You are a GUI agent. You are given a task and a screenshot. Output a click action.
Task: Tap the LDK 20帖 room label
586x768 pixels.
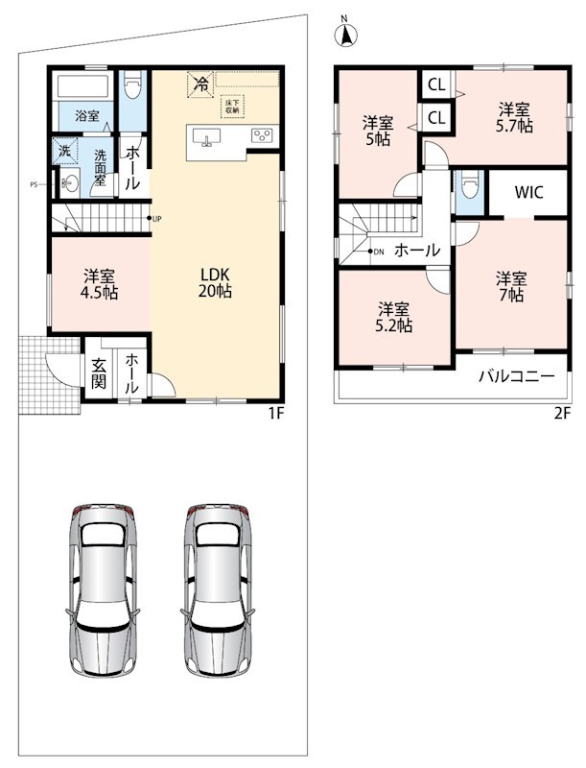(215, 282)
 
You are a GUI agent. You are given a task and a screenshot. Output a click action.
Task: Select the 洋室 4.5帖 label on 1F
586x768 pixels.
(100, 284)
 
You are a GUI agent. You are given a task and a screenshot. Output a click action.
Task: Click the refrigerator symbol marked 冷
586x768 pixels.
(200, 84)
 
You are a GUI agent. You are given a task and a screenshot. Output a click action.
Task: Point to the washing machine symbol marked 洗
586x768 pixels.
(65, 152)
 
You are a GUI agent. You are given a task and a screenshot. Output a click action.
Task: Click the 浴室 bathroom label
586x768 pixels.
(87, 115)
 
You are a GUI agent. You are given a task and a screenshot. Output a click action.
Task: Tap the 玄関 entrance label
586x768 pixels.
(99, 373)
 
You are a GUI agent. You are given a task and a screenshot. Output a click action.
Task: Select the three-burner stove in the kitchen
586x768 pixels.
(262, 135)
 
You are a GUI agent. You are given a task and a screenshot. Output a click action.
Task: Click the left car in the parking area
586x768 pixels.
(103, 589)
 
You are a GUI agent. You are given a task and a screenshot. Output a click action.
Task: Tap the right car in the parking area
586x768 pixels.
(218, 589)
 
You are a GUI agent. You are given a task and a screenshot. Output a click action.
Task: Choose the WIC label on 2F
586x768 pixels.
(528, 192)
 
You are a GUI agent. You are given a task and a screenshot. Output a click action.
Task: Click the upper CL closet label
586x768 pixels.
(436, 84)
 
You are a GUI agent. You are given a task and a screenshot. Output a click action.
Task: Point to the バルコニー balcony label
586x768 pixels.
(517, 376)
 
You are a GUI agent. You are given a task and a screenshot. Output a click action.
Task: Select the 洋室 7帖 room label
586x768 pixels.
(511, 287)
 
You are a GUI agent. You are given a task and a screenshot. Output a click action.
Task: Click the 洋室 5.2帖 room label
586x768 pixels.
(393, 318)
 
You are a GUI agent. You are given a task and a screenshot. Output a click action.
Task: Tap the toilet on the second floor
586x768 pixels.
(470, 184)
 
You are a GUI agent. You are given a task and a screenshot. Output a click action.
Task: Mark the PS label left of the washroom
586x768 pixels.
(34, 184)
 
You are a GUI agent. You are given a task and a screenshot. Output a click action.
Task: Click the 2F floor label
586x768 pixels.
(563, 414)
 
